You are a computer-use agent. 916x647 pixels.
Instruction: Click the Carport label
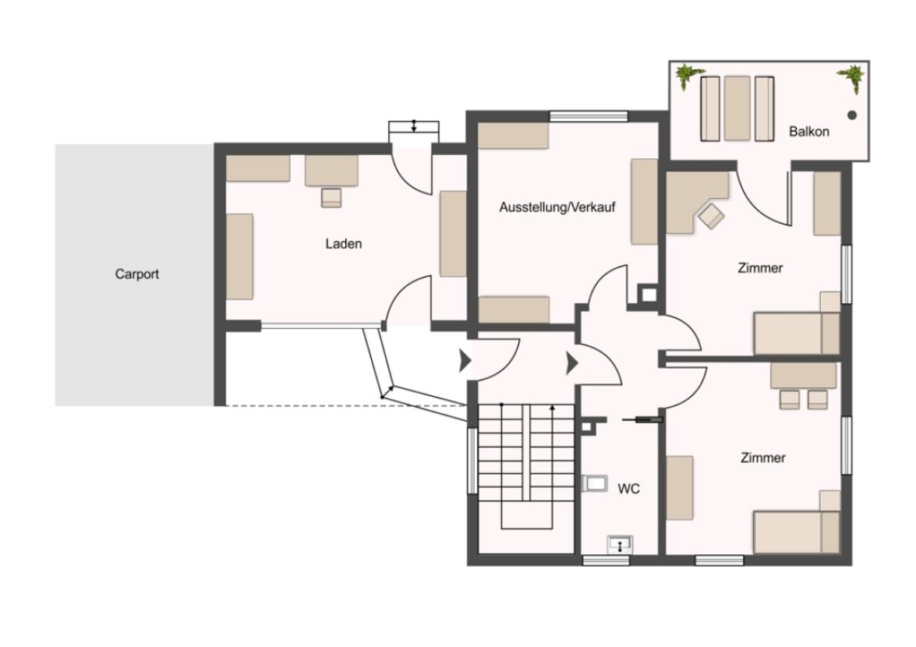coord(136,274)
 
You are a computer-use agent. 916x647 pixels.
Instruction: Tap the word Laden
coord(344,243)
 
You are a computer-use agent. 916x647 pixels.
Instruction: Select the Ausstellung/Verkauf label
coord(557,207)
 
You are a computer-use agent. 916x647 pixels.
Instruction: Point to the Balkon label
coord(809,132)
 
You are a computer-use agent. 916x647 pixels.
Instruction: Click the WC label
coord(628,488)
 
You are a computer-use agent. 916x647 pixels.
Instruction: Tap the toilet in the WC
coord(594,483)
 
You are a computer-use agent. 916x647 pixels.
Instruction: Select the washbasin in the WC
coord(620,545)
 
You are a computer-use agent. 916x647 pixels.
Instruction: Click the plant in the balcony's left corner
coord(688,76)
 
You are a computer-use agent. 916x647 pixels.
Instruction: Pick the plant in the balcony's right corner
coord(852,78)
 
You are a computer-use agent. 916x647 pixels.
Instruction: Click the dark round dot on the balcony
coord(852,115)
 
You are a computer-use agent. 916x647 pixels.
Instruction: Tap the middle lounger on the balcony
coord(737,108)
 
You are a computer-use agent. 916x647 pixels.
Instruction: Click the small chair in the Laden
coord(331,197)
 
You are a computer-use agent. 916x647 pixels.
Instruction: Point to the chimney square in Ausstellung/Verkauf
coord(647,294)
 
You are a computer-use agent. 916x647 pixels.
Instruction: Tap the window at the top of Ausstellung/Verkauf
coord(589,115)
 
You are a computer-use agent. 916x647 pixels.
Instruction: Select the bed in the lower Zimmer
coord(797,532)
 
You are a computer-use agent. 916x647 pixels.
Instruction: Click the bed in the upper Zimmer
coord(797,334)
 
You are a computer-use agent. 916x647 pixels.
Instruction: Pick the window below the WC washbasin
coord(607,560)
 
